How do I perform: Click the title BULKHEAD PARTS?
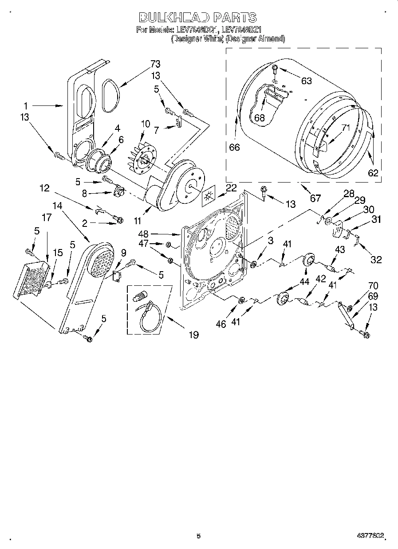tap(197, 17)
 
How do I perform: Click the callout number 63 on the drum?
tap(306, 81)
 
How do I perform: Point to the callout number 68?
tap(259, 118)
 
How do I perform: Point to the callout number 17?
tap(47, 218)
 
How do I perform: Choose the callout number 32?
tap(376, 260)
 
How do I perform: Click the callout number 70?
tap(373, 286)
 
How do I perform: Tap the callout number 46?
tap(221, 324)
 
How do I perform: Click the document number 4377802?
tap(372, 537)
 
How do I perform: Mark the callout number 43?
tap(339, 250)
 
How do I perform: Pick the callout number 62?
tap(373, 173)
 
